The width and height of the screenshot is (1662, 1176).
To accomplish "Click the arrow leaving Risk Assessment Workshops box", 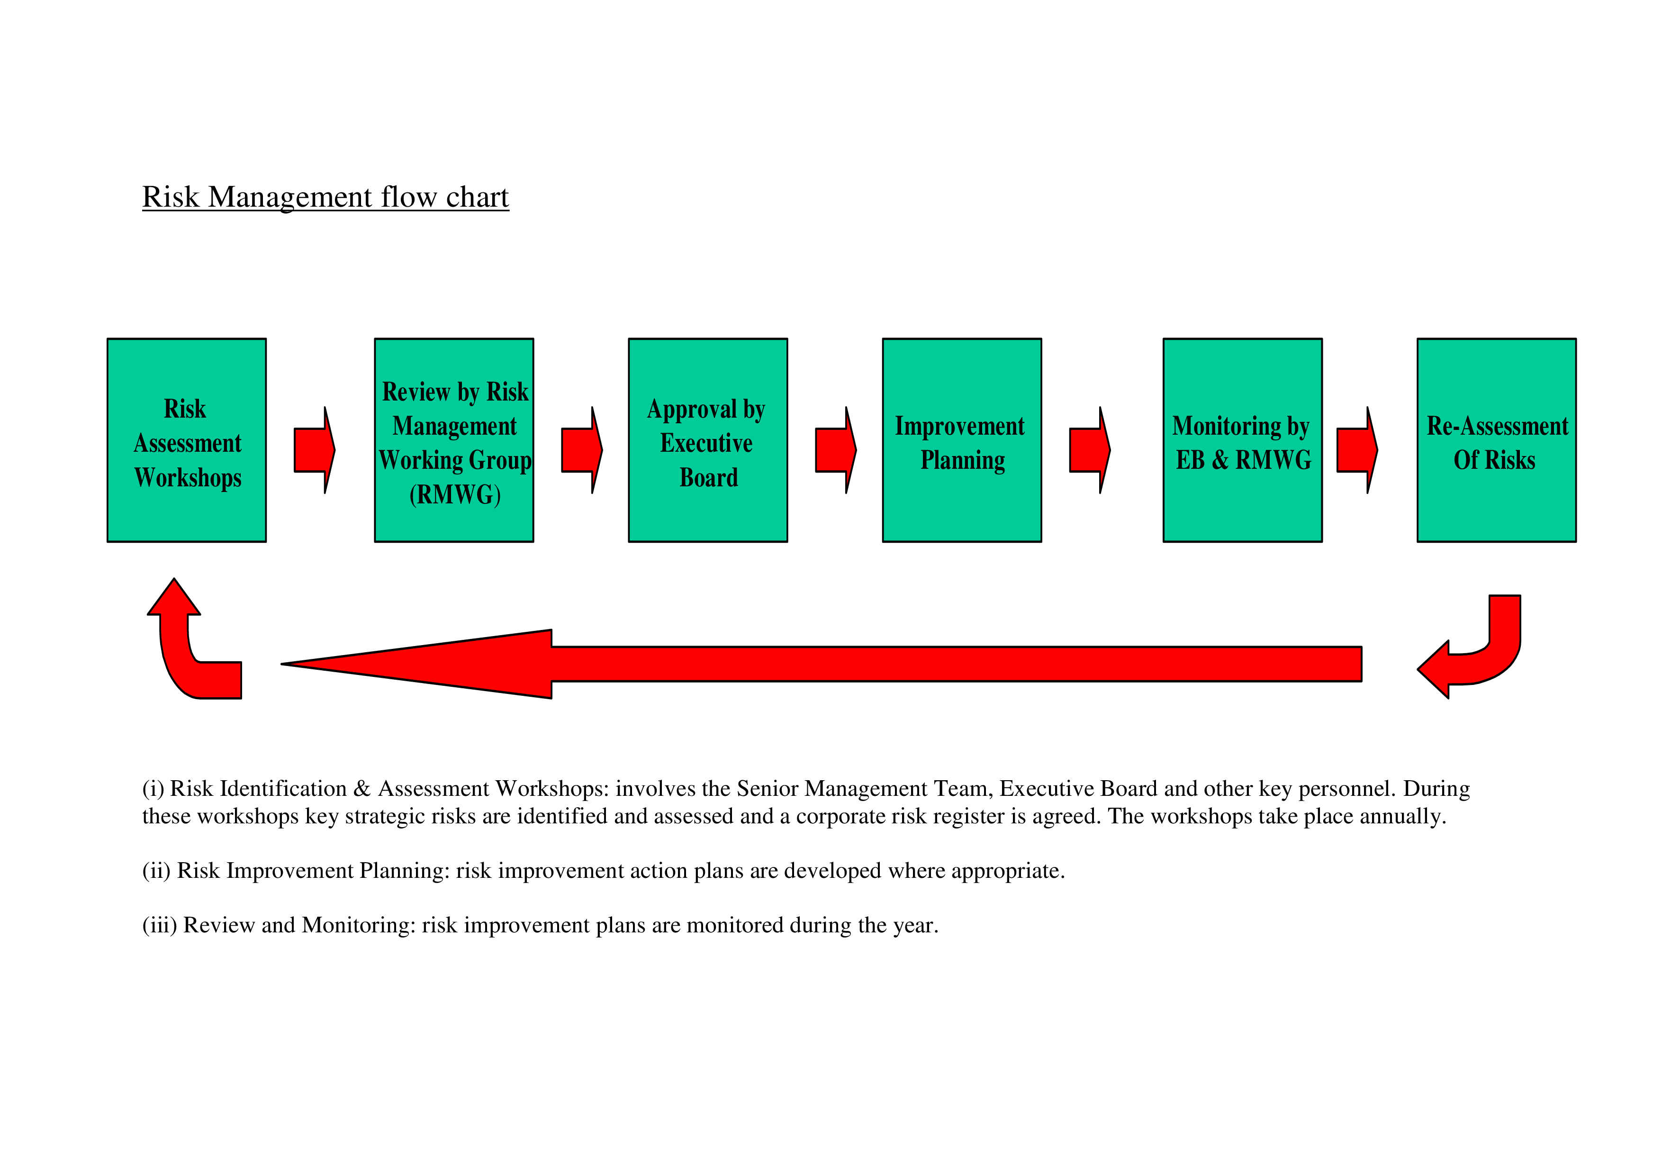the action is click(x=314, y=450).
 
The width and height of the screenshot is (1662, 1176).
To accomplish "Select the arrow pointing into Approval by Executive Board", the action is click(x=582, y=450).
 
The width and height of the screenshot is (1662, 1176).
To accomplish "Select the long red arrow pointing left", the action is click(x=822, y=664).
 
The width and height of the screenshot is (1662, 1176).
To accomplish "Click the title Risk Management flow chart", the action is click(x=326, y=197).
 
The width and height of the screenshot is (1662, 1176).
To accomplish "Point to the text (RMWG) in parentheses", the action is click(x=455, y=494).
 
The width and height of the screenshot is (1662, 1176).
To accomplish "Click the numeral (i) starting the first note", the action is click(x=153, y=789).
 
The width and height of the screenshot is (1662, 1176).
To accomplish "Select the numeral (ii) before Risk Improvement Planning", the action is click(x=156, y=870).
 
